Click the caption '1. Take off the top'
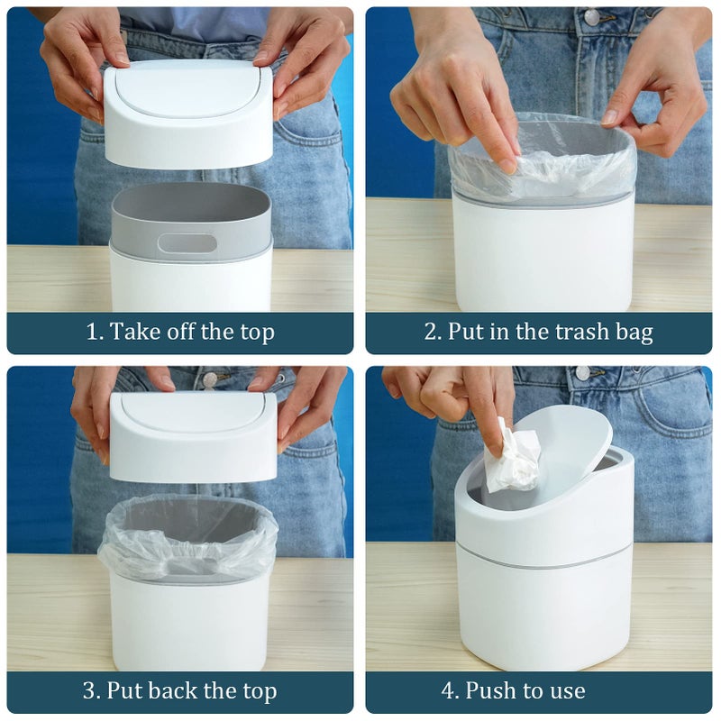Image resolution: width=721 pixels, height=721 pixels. point(179,332)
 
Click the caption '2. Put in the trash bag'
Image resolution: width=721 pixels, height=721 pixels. point(538,332)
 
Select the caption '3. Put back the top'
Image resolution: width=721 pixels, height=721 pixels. point(179,691)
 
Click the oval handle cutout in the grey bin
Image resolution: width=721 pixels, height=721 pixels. point(187,243)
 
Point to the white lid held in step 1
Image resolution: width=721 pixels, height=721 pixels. point(187,117)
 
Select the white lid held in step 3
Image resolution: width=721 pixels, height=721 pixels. point(193,437)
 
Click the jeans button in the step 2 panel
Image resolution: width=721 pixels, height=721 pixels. point(592,17)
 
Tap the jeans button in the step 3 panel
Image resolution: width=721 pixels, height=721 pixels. point(210,379)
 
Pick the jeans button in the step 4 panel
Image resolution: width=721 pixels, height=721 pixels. point(583,372)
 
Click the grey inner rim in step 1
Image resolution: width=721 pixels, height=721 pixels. point(190,216)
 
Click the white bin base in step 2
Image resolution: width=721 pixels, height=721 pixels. point(540,257)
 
